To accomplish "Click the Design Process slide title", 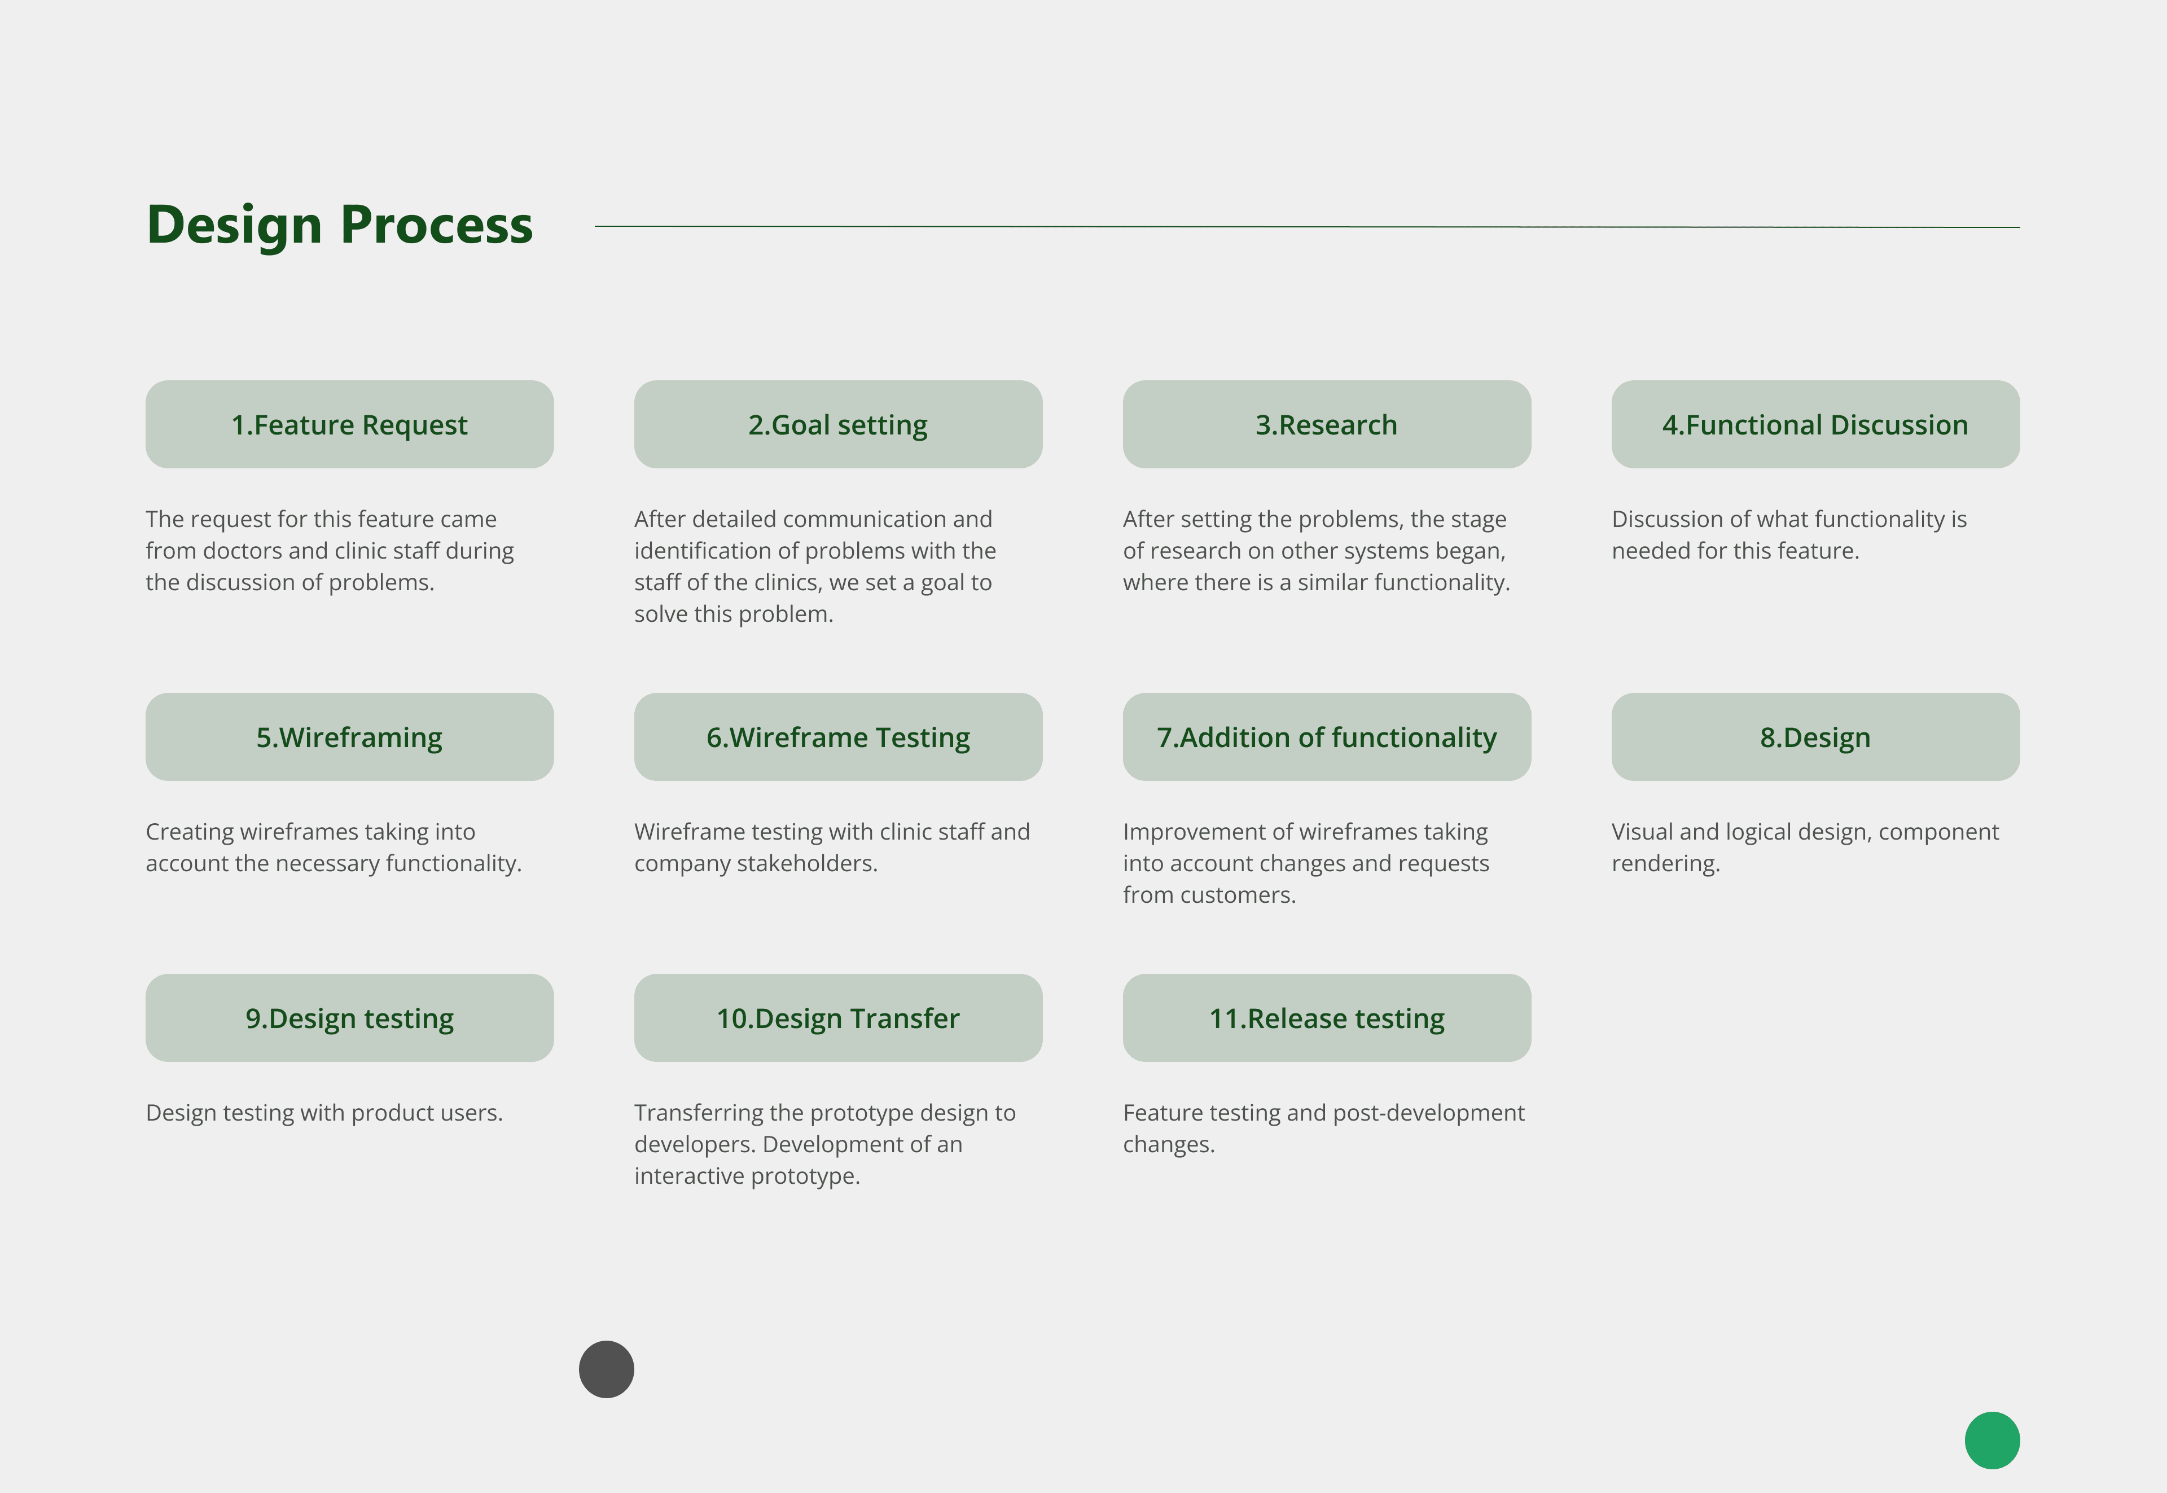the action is pyautogui.click(x=340, y=226).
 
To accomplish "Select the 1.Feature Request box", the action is pyautogui.click(x=349, y=425).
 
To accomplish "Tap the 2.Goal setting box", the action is pyautogui.click(x=837, y=425).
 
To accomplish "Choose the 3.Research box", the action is pyautogui.click(x=1326, y=425).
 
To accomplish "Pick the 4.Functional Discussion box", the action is pyautogui.click(x=1814, y=425).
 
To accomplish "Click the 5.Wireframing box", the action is pyautogui.click(x=349, y=737).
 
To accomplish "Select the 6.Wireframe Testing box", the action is pyautogui.click(x=837, y=737).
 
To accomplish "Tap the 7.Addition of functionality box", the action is pyautogui.click(x=1326, y=737).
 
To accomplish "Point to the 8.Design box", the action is pyautogui.click(x=1814, y=737).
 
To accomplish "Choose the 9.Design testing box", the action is pyautogui.click(x=349, y=1018).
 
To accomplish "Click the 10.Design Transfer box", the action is pyautogui.click(x=837, y=1018).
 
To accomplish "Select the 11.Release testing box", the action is pyautogui.click(x=1326, y=1018).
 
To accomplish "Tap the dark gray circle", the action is pyautogui.click(x=606, y=1369).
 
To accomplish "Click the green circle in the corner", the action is pyautogui.click(x=1992, y=1441).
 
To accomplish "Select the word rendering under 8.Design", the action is pyautogui.click(x=1665, y=863).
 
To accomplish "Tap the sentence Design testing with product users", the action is pyautogui.click(x=324, y=1113).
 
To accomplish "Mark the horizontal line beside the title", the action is pyautogui.click(x=1306, y=226).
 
